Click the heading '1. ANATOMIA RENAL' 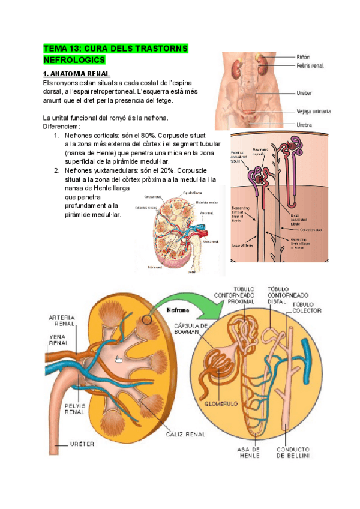(x=76, y=73)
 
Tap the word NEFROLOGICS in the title (x=74, y=60)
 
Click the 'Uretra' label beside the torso (x=304, y=125)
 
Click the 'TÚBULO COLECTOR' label (x=307, y=307)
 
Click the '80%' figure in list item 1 (x=148, y=136)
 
